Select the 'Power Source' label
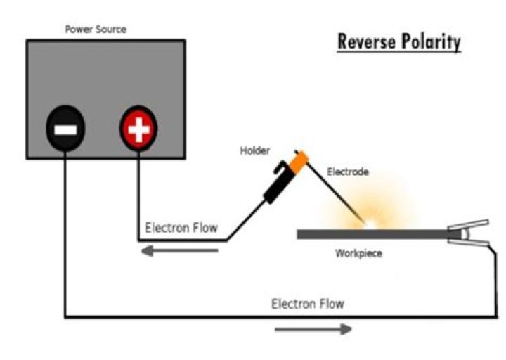pos(95,30)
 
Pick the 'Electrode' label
pos(347,171)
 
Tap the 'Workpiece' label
pos(358,253)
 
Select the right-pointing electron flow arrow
pos(313,328)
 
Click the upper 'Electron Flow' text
pos(181,228)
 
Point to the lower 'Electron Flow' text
pos(308,304)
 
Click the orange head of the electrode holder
pos(298,161)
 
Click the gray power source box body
pos(105,70)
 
